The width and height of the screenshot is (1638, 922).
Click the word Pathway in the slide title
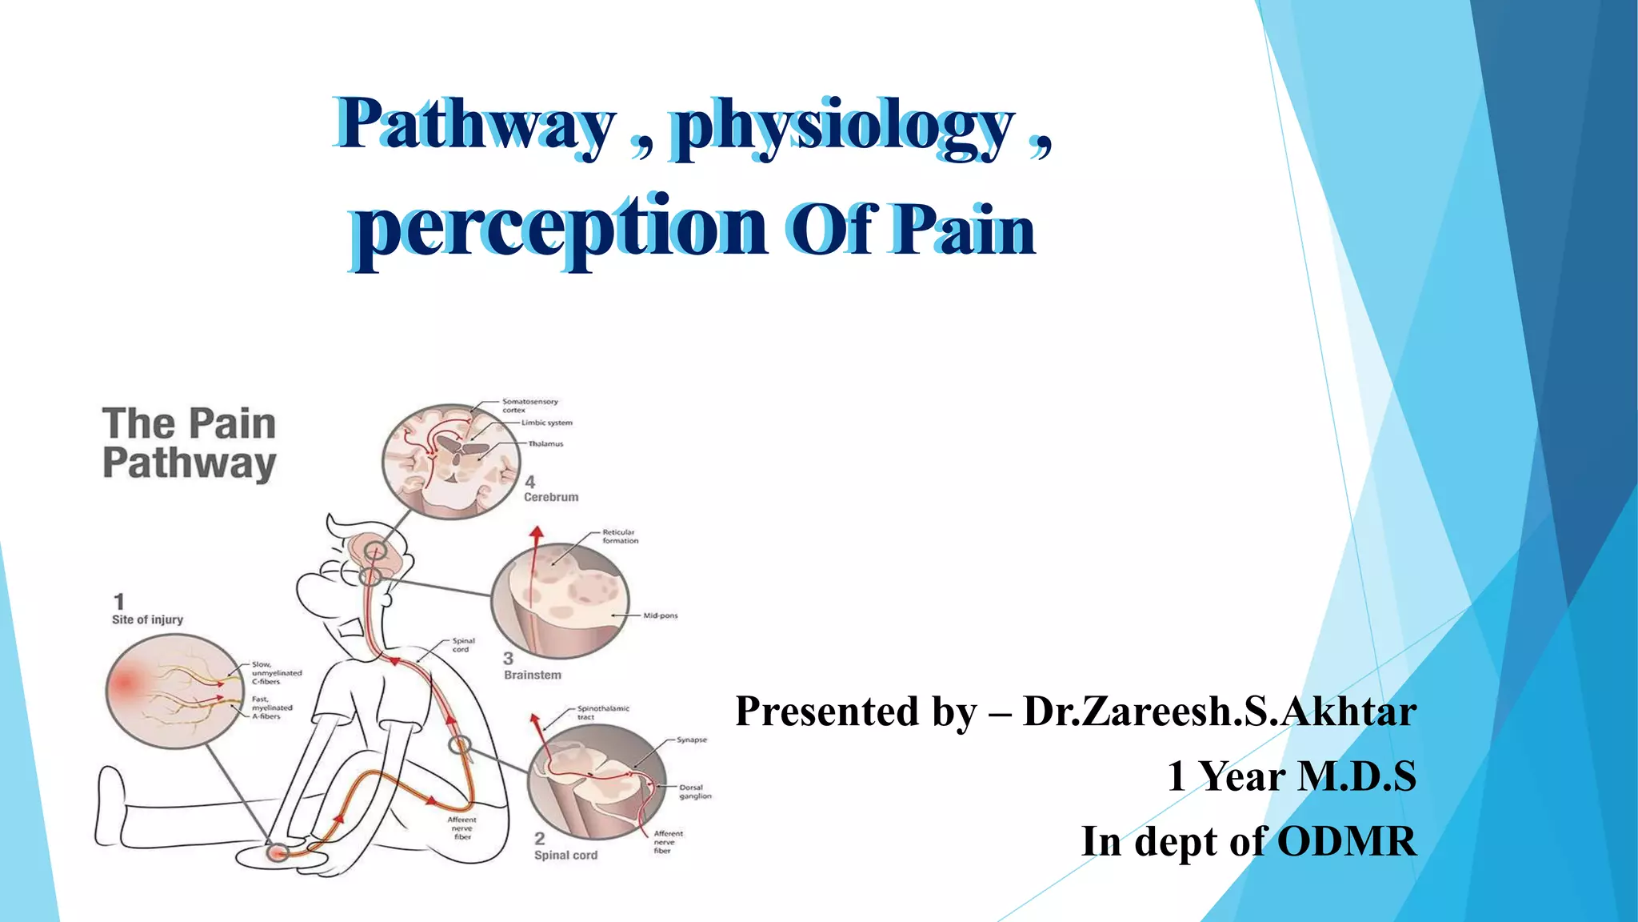(x=475, y=126)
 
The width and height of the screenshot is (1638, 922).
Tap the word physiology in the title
(x=843, y=127)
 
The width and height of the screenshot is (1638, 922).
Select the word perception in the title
(x=560, y=228)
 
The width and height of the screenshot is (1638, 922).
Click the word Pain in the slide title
(x=963, y=230)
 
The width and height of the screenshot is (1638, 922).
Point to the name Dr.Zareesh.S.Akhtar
(x=1219, y=712)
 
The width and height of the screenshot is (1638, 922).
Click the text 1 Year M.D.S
(x=1291, y=776)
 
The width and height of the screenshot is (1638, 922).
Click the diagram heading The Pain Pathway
(x=189, y=443)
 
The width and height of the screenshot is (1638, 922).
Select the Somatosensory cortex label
(x=529, y=406)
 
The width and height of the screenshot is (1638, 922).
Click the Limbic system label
(x=547, y=423)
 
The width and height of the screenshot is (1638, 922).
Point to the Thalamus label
(x=545, y=443)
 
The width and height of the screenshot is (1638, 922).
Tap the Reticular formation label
(x=620, y=536)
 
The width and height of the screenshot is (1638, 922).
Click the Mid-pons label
(x=660, y=615)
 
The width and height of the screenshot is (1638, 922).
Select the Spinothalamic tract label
(x=602, y=712)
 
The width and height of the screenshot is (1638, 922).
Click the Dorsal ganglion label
(x=694, y=792)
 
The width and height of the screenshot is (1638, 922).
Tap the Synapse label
(x=691, y=740)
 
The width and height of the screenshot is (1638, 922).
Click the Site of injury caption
(x=147, y=619)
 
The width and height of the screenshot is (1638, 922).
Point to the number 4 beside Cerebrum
(x=529, y=482)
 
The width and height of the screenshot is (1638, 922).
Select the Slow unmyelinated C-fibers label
(x=276, y=673)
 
